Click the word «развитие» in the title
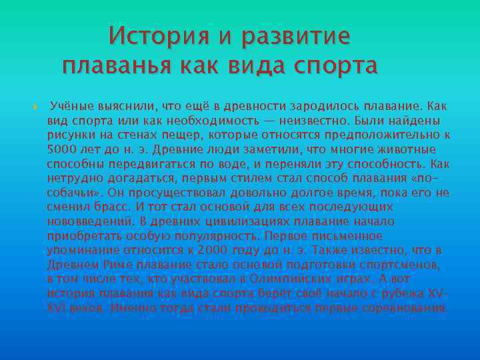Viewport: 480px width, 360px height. (296, 35)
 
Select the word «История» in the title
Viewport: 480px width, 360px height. (153, 35)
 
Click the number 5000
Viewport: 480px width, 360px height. (61, 149)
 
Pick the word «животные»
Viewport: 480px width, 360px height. (405, 149)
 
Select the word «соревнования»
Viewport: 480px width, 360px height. (407, 308)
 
